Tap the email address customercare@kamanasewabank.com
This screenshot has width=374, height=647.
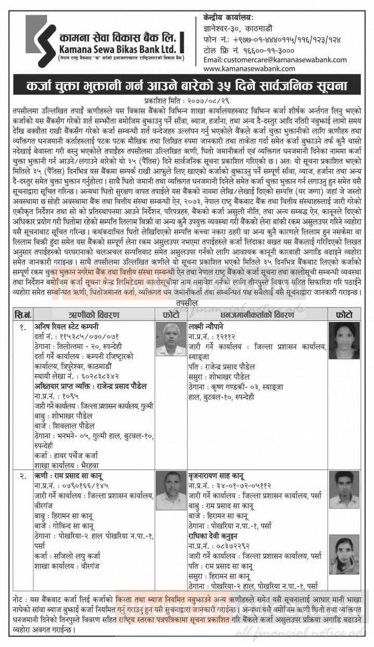click(275, 59)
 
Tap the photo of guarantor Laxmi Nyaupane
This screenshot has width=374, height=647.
click(344, 340)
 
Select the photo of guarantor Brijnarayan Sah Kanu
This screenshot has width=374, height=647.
click(344, 489)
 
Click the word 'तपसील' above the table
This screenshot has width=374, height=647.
click(186, 303)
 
